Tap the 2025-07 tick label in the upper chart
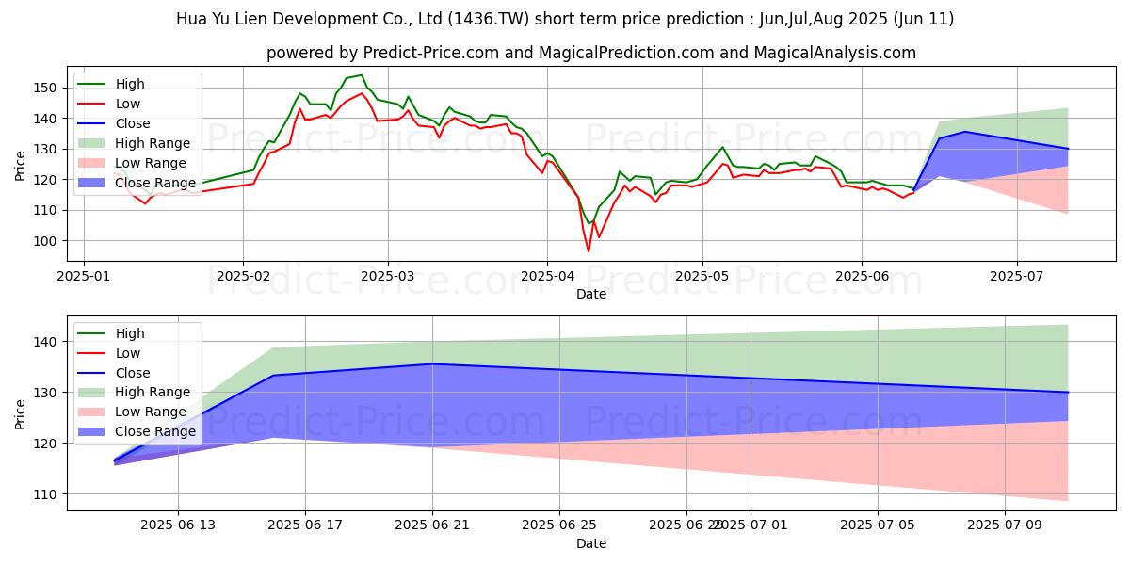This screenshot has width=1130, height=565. click(x=1017, y=276)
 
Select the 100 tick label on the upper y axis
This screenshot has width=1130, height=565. click(x=50, y=241)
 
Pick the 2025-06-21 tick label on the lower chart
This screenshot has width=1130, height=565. click(x=432, y=525)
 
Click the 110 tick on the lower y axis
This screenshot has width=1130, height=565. click(x=50, y=494)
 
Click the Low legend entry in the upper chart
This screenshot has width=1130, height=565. click(x=130, y=104)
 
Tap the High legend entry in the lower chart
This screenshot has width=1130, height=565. click(x=130, y=333)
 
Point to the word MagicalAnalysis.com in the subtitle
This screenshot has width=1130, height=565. click(x=838, y=53)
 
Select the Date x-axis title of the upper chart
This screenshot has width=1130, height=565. click(x=591, y=294)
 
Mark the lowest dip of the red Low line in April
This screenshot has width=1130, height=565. click(x=589, y=251)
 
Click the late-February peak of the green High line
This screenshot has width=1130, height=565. click(x=361, y=75)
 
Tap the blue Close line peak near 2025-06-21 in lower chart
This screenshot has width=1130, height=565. click(x=432, y=363)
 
